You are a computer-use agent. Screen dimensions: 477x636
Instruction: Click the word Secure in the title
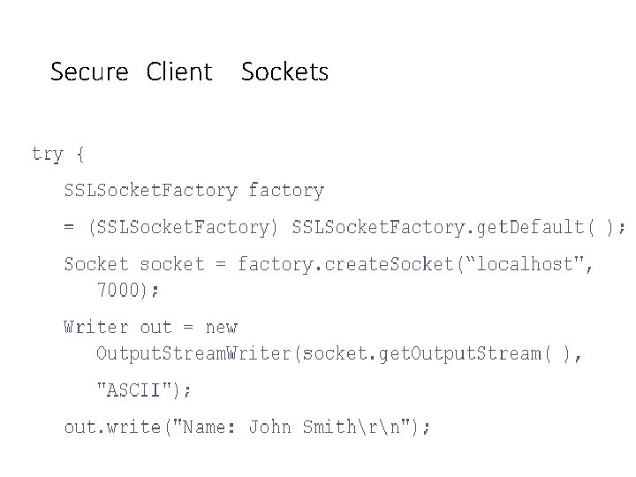click(x=89, y=72)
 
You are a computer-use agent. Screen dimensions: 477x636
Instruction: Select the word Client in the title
click(x=180, y=72)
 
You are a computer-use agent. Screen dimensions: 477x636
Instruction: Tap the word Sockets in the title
click(x=284, y=72)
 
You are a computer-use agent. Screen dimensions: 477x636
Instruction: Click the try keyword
click(x=47, y=155)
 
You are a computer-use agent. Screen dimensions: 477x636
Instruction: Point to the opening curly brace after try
click(x=80, y=155)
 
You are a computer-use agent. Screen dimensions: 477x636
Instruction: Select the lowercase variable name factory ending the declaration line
click(x=286, y=190)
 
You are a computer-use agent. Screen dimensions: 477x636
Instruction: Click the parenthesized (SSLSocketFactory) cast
click(x=183, y=227)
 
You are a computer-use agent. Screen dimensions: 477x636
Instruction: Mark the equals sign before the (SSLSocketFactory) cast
click(x=69, y=227)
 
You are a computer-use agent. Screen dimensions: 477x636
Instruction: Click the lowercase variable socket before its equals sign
click(x=171, y=264)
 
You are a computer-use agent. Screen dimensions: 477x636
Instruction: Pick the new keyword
click(x=221, y=327)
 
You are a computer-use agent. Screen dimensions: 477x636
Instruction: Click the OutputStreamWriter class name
click(x=194, y=353)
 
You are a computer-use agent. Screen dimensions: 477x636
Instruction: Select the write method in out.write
click(x=139, y=428)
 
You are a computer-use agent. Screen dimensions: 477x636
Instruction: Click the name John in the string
click(x=270, y=428)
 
